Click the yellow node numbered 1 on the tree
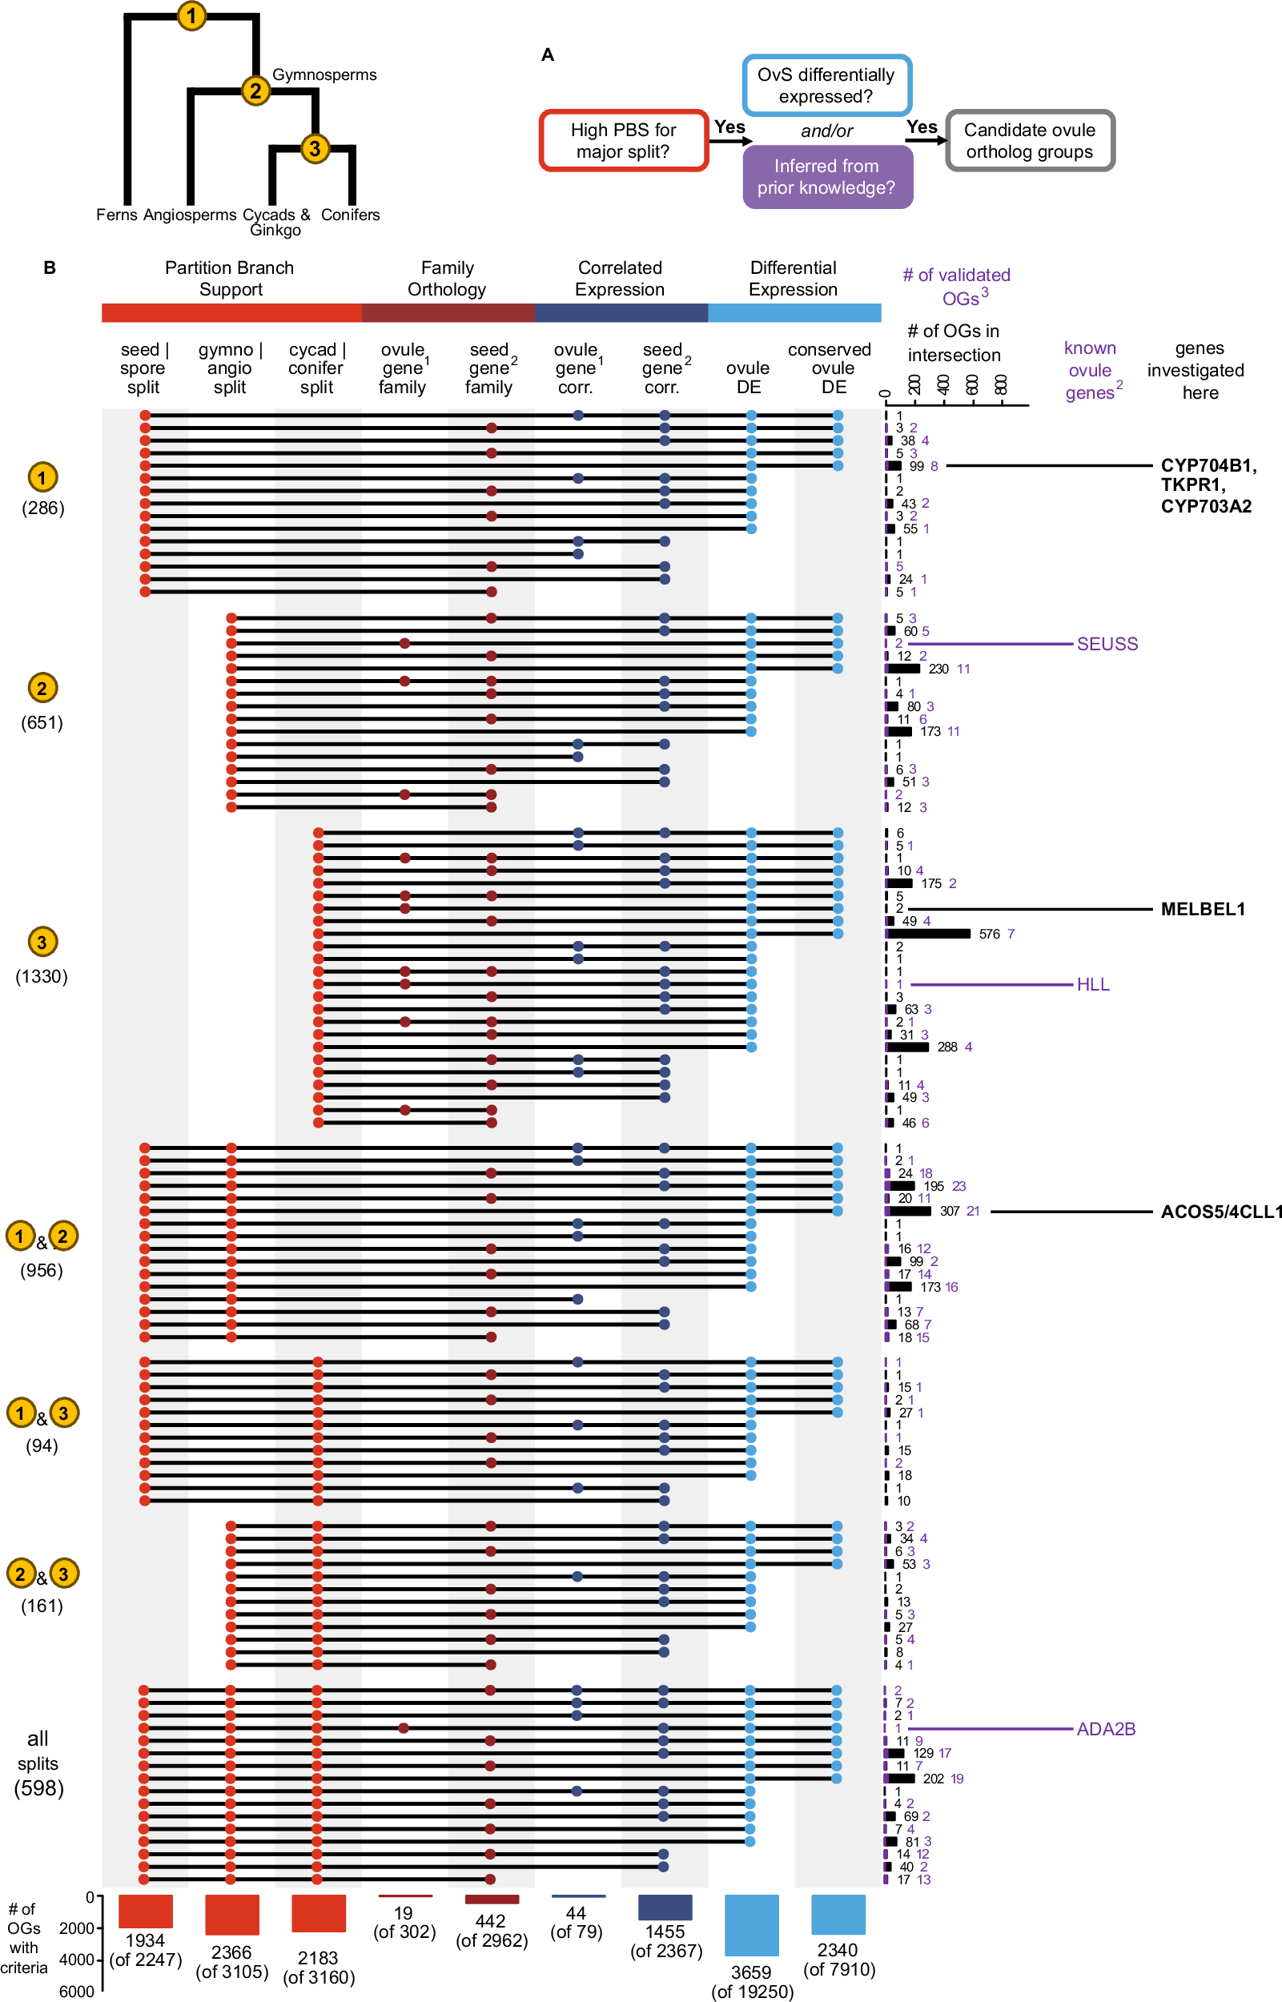pyautogui.click(x=191, y=15)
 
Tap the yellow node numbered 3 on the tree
pyautogui.click(x=315, y=148)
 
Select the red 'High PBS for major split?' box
pyautogui.click(x=624, y=141)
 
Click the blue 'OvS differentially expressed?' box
pyautogui.click(x=826, y=86)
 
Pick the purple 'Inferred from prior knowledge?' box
pyautogui.click(x=826, y=177)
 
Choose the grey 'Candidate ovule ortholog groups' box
pyautogui.click(x=1029, y=141)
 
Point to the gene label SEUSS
pyautogui.click(x=1107, y=644)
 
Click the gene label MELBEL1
pyautogui.click(x=1202, y=909)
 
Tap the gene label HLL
pyautogui.click(x=1092, y=984)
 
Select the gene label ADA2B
pyautogui.click(x=1106, y=1729)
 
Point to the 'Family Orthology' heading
pyautogui.click(x=447, y=278)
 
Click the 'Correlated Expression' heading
pyautogui.click(x=621, y=278)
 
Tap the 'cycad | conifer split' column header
pyautogui.click(x=316, y=368)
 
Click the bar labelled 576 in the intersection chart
pyautogui.click(x=928, y=934)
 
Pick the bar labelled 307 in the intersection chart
pyautogui.click(x=909, y=1211)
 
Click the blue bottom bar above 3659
pyautogui.click(x=751, y=1924)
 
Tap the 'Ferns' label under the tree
pyautogui.click(x=117, y=215)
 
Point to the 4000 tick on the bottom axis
pyautogui.click(x=77, y=1960)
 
